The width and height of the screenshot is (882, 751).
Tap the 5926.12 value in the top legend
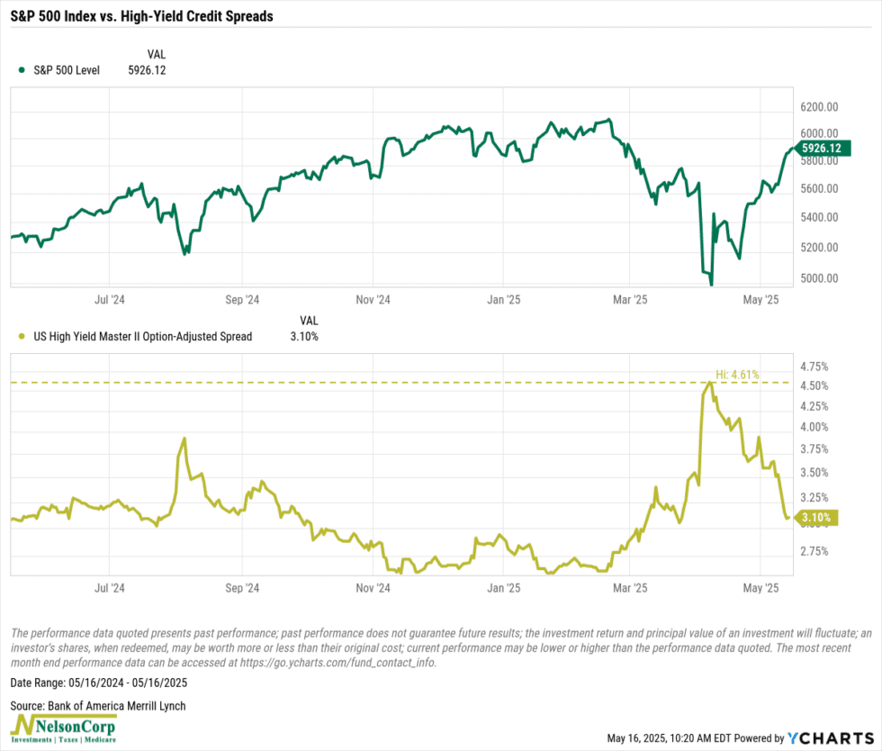coord(148,69)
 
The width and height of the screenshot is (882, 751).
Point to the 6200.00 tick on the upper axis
coord(819,107)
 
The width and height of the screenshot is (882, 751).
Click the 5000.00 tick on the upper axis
coord(819,278)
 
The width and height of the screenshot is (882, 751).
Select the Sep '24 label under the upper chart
coord(242,299)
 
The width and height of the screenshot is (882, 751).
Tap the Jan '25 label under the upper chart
coord(503,299)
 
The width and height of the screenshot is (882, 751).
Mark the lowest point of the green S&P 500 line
coord(711,285)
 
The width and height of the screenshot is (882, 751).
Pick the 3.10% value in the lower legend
coord(303,337)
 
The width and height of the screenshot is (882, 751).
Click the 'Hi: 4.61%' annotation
coord(737,374)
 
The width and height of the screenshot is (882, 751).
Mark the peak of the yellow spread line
coord(710,383)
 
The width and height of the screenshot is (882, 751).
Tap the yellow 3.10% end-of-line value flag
coord(818,518)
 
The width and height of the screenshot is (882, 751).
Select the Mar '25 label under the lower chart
coord(629,588)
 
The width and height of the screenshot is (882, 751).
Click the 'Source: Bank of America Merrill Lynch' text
coord(98,706)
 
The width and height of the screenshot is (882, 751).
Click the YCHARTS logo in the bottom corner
coord(827,738)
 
